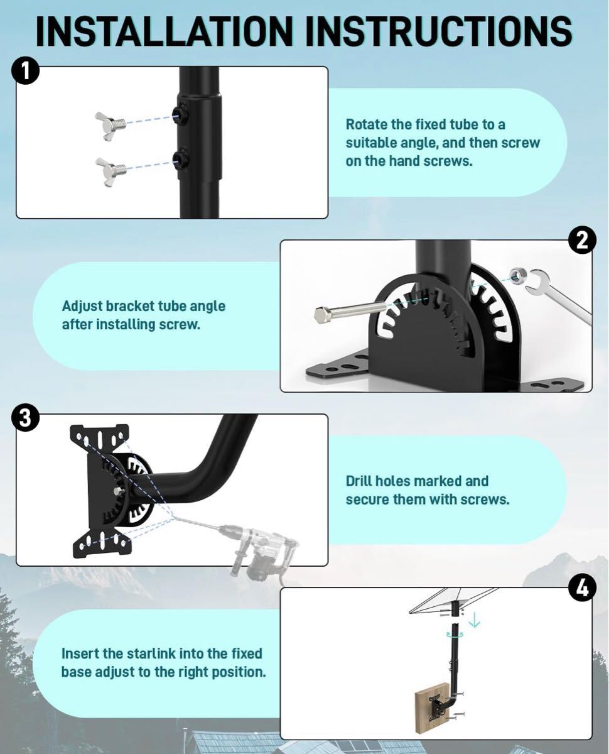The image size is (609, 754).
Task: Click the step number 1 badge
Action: click(25, 72)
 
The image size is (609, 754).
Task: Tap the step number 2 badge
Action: click(582, 241)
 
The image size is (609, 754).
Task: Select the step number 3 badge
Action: click(25, 418)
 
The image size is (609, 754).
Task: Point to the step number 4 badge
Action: click(582, 589)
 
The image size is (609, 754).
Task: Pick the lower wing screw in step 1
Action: click(110, 172)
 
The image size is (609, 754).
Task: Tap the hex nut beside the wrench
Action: click(517, 275)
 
